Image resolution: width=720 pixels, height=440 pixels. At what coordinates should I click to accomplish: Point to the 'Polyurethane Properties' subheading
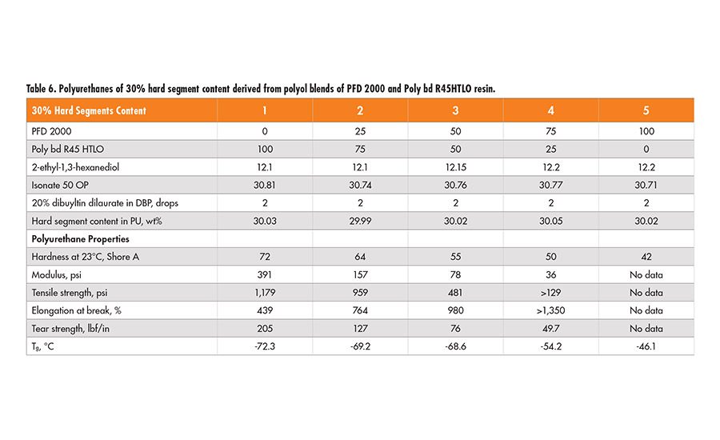point(80,238)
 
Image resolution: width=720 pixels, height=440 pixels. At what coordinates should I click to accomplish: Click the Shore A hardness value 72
point(265,257)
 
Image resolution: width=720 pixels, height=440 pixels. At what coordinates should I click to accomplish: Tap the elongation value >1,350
point(550,310)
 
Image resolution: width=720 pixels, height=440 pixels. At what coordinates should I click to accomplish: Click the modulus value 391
point(265,274)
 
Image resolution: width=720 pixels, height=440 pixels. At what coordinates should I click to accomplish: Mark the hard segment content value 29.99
point(360,221)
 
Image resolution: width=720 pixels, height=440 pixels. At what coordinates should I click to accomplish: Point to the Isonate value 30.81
point(265,185)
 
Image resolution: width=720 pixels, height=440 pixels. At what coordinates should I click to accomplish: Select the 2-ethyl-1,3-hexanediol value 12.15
point(455,167)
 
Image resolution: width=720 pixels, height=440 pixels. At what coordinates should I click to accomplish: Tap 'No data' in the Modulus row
point(646,274)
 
